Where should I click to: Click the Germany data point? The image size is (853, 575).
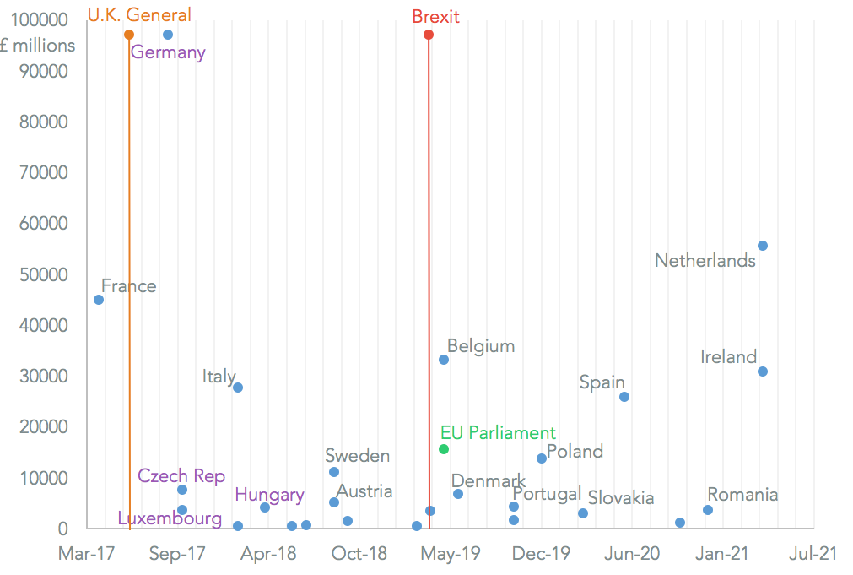coord(168,35)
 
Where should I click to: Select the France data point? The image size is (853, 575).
coord(99,300)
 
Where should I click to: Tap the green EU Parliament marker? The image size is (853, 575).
coord(444,449)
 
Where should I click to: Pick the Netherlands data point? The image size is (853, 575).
coord(763,246)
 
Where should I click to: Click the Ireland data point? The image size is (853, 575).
coord(763,372)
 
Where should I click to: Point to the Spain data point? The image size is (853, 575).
coord(624,397)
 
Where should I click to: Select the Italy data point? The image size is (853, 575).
coord(238,388)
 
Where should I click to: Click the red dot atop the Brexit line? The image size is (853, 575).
coord(429,35)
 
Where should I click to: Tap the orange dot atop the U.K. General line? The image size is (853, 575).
coord(129,35)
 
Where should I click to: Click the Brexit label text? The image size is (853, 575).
coord(436,16)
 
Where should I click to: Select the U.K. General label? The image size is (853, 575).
coord(139,15)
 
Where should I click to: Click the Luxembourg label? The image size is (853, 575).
coord(170,518)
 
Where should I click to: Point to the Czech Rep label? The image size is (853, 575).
coord(181,476)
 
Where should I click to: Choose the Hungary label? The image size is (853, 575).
coord(269,495)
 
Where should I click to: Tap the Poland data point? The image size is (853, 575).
coord(542,458)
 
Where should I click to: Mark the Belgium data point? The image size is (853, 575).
coord(444,360)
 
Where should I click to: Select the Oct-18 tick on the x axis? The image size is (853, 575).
coord(359,554)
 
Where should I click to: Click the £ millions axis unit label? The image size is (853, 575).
coord(38,46)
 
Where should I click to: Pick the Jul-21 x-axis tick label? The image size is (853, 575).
coord(813,554)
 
